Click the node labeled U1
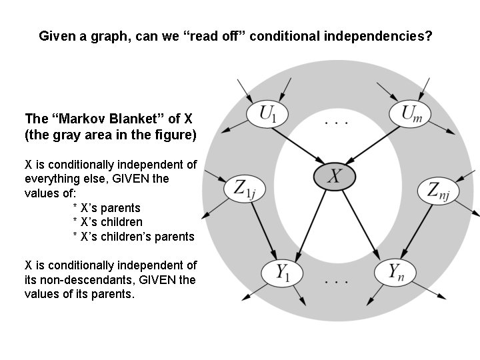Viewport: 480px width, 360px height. [x=269, y=114]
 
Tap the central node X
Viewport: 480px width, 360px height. [x=335, y=176]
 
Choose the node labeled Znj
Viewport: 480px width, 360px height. [x=438, y=192]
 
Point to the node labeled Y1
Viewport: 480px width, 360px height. [x=280, y=272]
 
